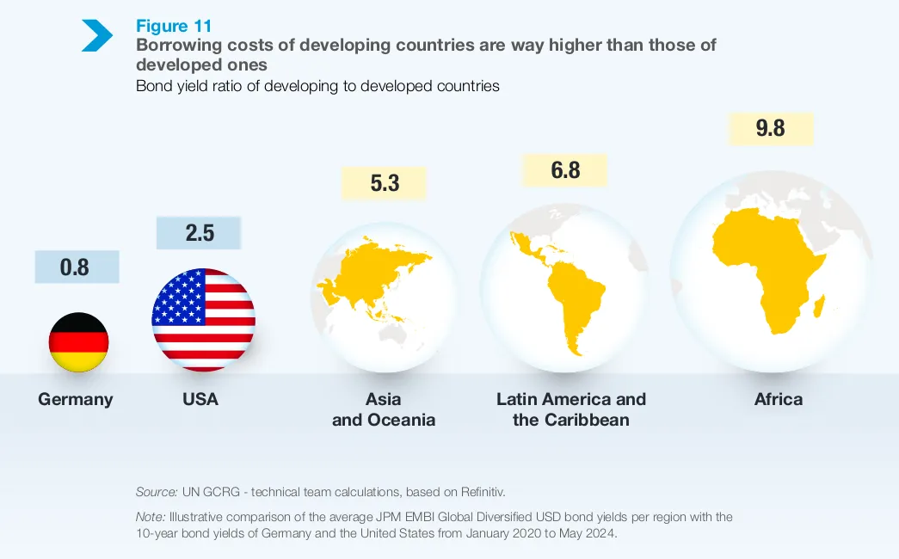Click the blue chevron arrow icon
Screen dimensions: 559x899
coord(97,34)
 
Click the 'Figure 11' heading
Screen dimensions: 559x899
coord(173,27)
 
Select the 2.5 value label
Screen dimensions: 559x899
coord(200,232)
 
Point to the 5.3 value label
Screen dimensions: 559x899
coord(385,182)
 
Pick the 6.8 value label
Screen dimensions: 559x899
coord(565,170)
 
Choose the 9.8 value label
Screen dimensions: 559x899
coord(770,128)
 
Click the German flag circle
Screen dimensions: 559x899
coord(78,342)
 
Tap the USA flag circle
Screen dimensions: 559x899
coord(204,320)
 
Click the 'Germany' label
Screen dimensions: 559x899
coord(76,399)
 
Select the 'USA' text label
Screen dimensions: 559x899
coord(200,399)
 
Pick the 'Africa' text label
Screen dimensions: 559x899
coord(779,399)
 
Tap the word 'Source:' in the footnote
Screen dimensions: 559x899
coord(157,492)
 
